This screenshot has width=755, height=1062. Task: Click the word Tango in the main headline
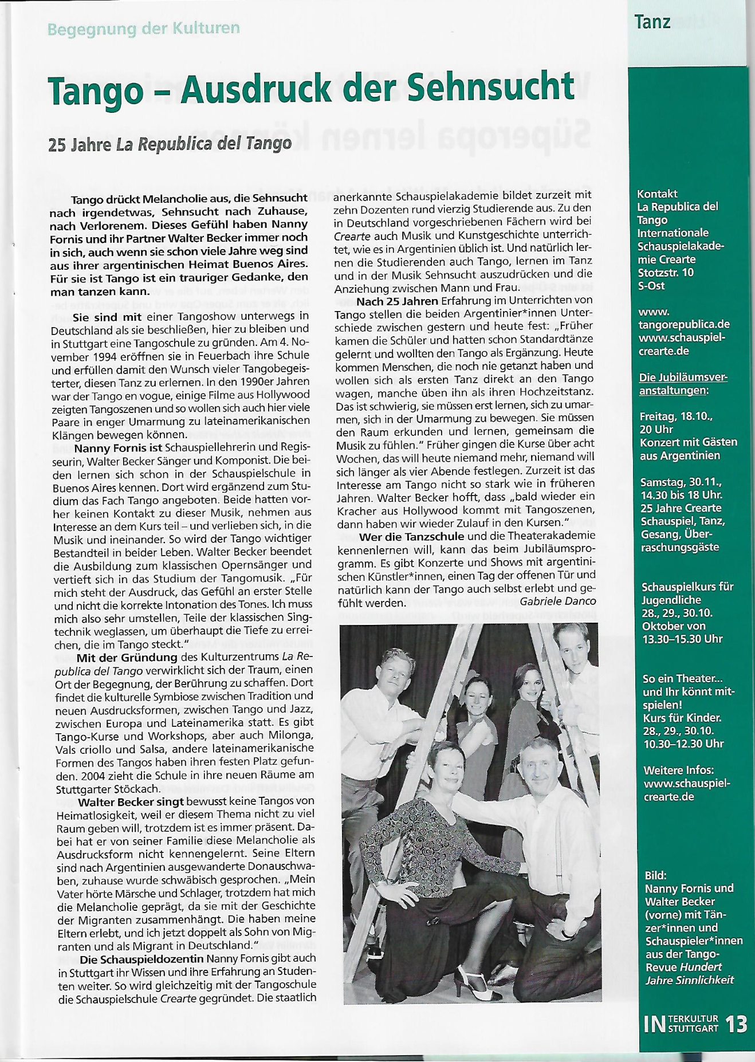95,90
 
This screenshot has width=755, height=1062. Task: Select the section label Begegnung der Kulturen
143,28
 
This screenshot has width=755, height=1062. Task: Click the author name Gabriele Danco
558,601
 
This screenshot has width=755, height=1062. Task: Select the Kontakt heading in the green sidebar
657,194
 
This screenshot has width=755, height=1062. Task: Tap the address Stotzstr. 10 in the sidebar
665,272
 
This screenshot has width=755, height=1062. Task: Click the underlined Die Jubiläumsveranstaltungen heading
682,384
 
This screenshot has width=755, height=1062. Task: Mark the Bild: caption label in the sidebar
655,875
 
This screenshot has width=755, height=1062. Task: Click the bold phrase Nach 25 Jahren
397,301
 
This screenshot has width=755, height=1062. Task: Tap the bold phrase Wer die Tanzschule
412,536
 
